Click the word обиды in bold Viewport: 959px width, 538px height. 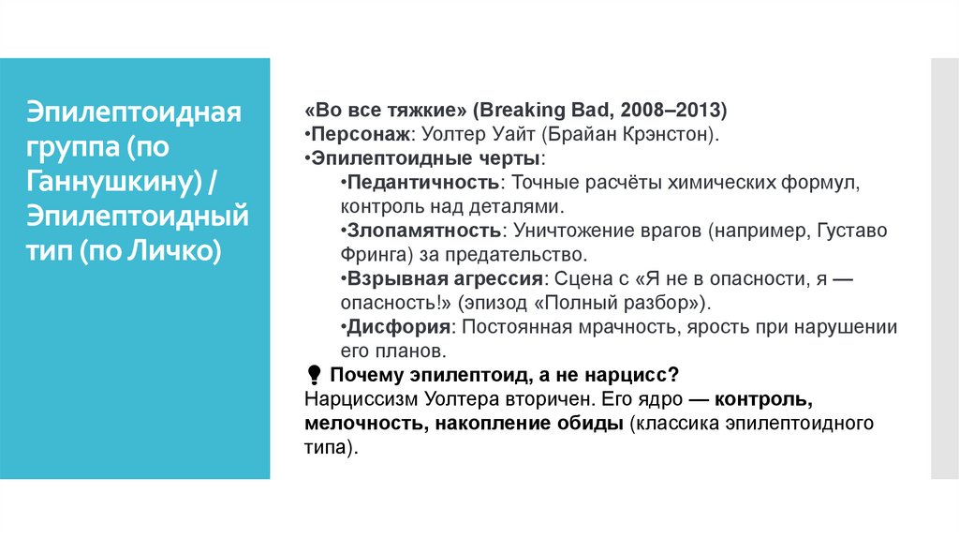(x=597, y=425)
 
